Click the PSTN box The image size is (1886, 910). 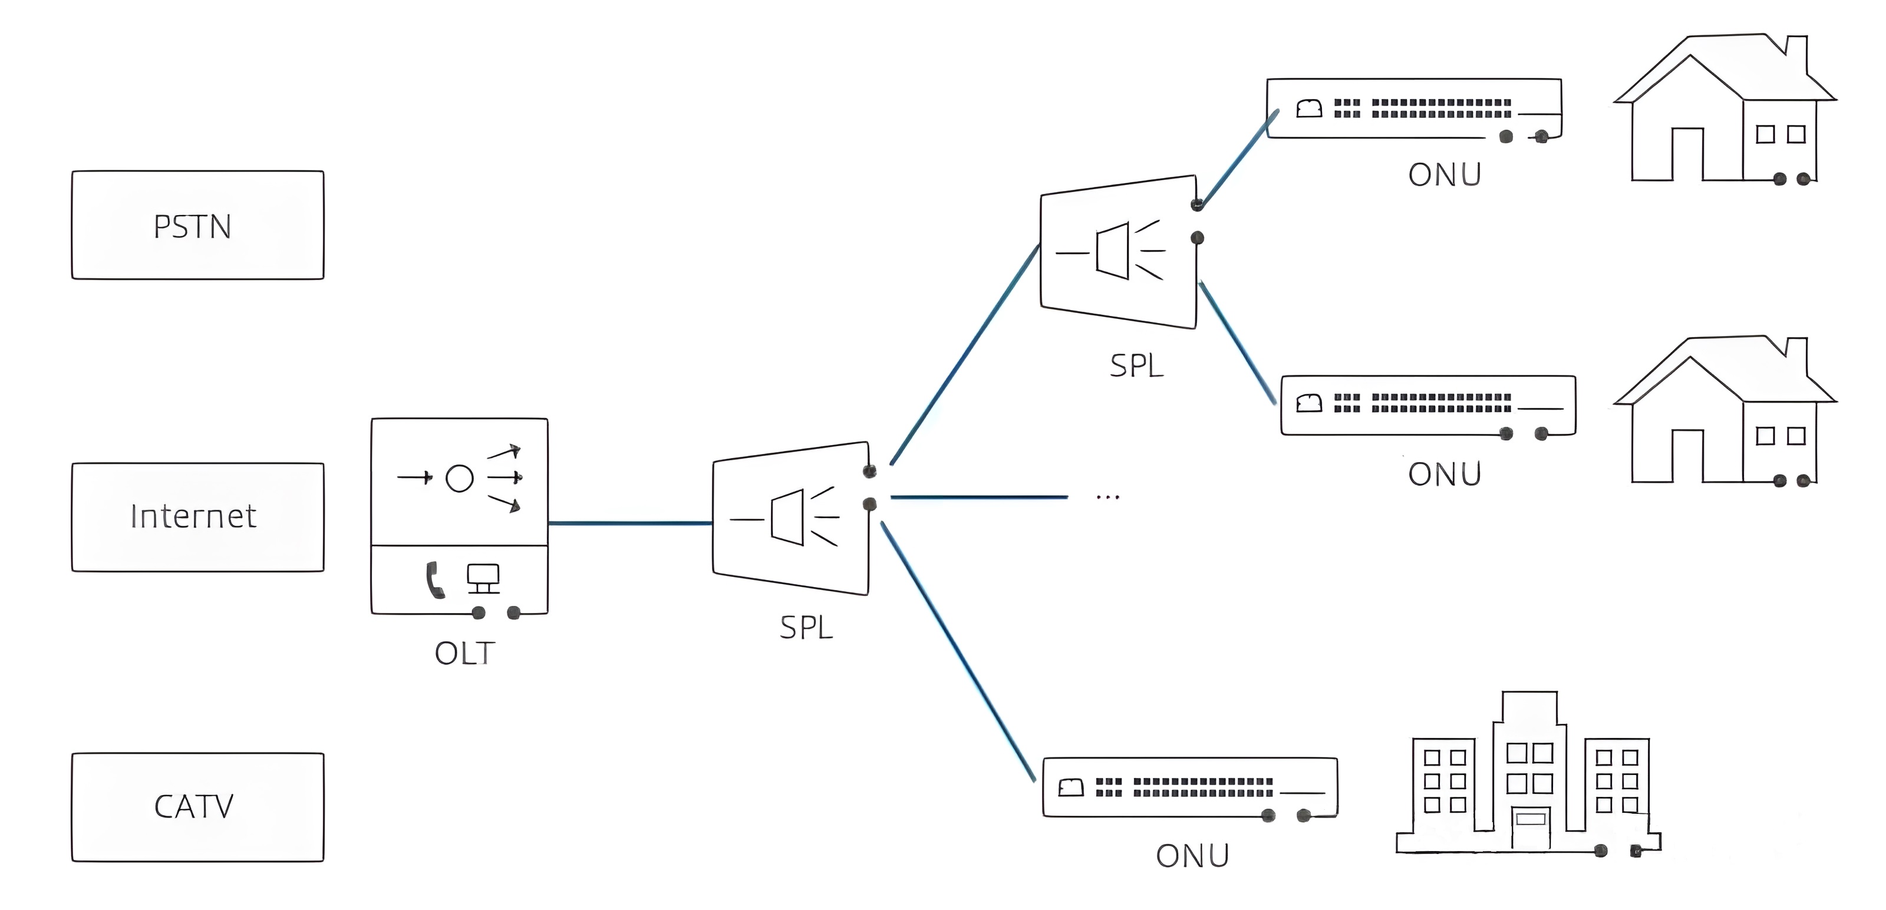(x=197, y=226)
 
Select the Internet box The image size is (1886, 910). (x=197, y=517)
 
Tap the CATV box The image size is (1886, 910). (x=197, y=807)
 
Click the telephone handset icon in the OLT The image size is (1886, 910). (x=435, y=580)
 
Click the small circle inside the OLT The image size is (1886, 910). (x=460, y=478)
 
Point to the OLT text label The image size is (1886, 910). (x=465, y=653)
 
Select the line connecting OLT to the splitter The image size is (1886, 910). (x=629, y=523)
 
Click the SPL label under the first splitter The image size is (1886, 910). (x=806, y=628)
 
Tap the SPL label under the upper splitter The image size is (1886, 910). (x=1136, y=366)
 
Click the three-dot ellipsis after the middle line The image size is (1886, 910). (x=1108, y=497)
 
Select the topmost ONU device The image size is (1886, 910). (x=1414, y=108)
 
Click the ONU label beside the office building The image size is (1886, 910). (x=1193, y=856)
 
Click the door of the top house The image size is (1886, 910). (x=1687, y=154)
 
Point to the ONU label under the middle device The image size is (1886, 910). (x=1445, y=474)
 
